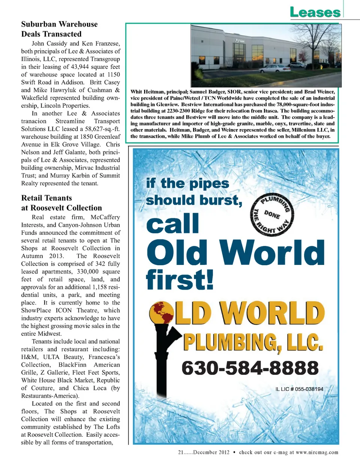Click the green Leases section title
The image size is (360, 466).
pos(315,12)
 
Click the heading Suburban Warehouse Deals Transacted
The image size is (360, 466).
pos(59,29)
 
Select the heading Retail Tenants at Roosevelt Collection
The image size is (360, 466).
pos(61,203)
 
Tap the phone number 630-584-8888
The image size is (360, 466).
pos(250,368)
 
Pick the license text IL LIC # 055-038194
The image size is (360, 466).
pos(299,389)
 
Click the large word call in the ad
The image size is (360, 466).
pos(172,224)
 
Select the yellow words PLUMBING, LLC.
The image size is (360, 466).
pos(253,342)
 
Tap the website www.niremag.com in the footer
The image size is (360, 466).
pos(317,452)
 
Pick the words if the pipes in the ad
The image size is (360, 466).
pos(187,183)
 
